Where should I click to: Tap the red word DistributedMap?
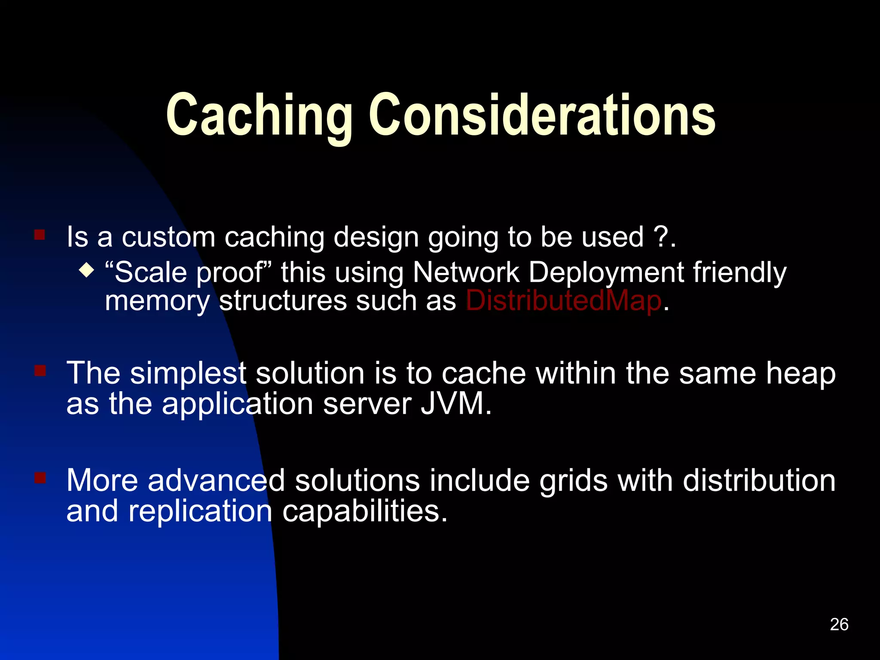[x=563, y=300]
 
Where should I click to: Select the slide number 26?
[x=839, y=624]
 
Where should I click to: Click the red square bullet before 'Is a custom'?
[x=40, y=235]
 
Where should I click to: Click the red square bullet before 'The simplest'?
[x=40, y=370]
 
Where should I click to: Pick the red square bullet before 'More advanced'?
[x=40, y=478]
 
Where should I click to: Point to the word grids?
[x=574, y=480]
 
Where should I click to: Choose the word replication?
[x=200, y=511]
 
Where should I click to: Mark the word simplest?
[x=188, y=373]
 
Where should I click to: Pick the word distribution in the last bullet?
[x=759, y=480]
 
